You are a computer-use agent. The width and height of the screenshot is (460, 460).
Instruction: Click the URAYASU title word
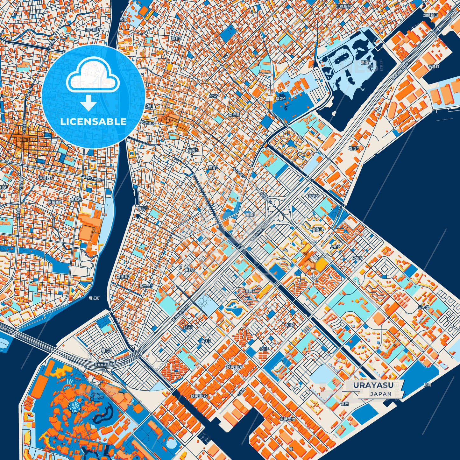[x=373, y=385]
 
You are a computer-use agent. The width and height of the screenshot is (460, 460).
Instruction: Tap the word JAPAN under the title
[x=381, y=394]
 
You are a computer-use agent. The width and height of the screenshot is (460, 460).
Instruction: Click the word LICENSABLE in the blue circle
[x=93, y=122]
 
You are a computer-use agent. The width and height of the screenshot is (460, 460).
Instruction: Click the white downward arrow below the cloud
[x=89, y=103]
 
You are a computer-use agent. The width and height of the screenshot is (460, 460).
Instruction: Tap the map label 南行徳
[x=234, y=115]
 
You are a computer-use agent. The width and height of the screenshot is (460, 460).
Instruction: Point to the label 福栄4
[x=280, y=99]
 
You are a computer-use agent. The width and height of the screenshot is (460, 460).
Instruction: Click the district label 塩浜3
[x=353, y=148]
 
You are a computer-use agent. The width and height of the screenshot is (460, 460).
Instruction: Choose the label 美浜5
[x=317, y=229]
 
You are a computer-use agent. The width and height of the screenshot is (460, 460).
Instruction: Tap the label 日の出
[x=423, y=307]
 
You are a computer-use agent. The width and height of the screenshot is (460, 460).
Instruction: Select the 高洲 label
[x=344, y=404]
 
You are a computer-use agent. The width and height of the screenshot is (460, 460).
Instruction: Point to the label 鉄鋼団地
[x=287, y=419]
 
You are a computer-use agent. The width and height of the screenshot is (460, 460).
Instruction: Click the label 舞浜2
[x=106, y=350]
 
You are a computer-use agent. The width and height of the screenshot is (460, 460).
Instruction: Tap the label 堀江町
[x=94, y=298]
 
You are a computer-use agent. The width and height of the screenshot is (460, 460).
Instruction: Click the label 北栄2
[x=214, y=96]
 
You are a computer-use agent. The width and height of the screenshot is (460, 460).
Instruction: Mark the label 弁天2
[x=206, y=341]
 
